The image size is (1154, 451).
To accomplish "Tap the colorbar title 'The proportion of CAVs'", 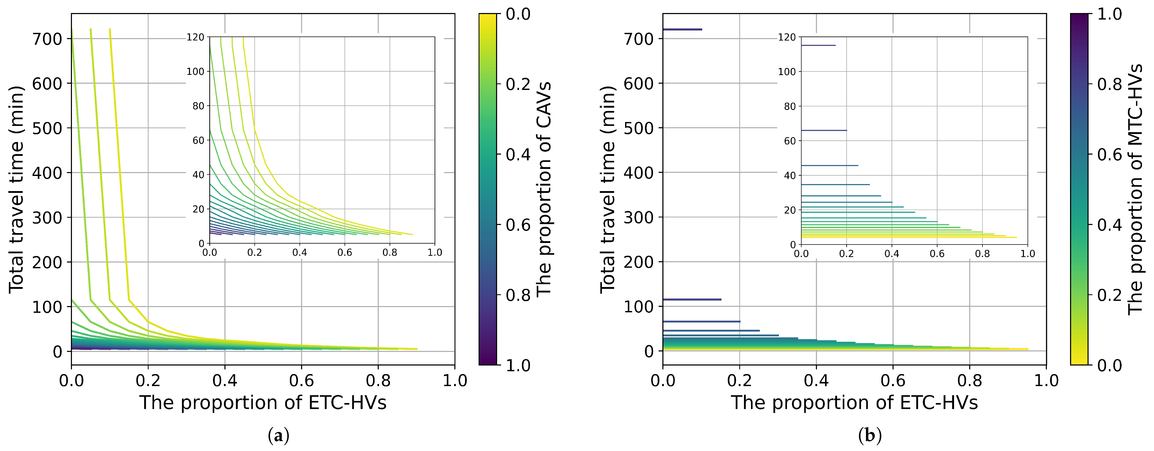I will point(544,188).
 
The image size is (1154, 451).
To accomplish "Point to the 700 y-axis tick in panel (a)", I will point(47,39).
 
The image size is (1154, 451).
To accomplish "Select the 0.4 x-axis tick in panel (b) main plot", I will point(816,381).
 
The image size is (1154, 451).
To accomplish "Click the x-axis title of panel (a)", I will point(263,403).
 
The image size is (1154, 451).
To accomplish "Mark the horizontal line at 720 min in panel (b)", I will point(682,29).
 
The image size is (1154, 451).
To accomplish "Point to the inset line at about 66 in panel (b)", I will point(823,130).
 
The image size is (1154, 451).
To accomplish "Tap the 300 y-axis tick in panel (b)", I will point(638,218).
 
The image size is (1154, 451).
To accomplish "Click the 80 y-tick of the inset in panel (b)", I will point(790,107).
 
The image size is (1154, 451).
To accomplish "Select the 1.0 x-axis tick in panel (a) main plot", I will point(455,381).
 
